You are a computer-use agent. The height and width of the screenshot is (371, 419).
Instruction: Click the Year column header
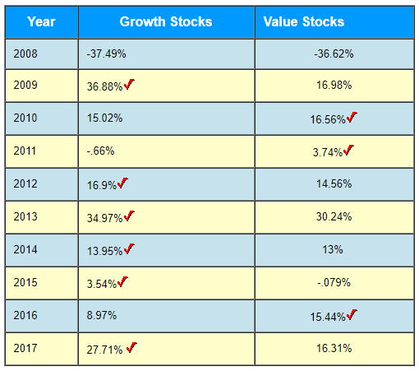coord(41,21)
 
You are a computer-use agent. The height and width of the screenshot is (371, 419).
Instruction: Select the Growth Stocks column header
coord(165,21)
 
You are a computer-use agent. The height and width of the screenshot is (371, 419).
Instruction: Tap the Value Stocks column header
coord(304,21)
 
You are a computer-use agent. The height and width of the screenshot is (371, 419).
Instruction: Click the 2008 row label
coord(25,53)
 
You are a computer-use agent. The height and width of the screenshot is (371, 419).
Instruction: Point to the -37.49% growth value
coord(106,53)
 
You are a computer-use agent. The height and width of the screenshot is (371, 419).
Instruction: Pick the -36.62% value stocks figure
coord(334,53)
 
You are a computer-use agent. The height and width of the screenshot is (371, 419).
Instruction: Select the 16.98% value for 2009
coord(334,86)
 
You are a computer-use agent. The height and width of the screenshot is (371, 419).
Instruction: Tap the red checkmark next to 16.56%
coord(352,118)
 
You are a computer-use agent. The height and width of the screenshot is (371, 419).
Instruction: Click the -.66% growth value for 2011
coord(100,151)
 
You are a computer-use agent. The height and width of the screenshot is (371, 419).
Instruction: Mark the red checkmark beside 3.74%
coord(348,150)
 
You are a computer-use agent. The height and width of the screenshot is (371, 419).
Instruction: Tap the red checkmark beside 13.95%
coord(129,248)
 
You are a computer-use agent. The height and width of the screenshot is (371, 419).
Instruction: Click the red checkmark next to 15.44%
coord(352,314)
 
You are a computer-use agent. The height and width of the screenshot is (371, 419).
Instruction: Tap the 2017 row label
coord(25,348)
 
